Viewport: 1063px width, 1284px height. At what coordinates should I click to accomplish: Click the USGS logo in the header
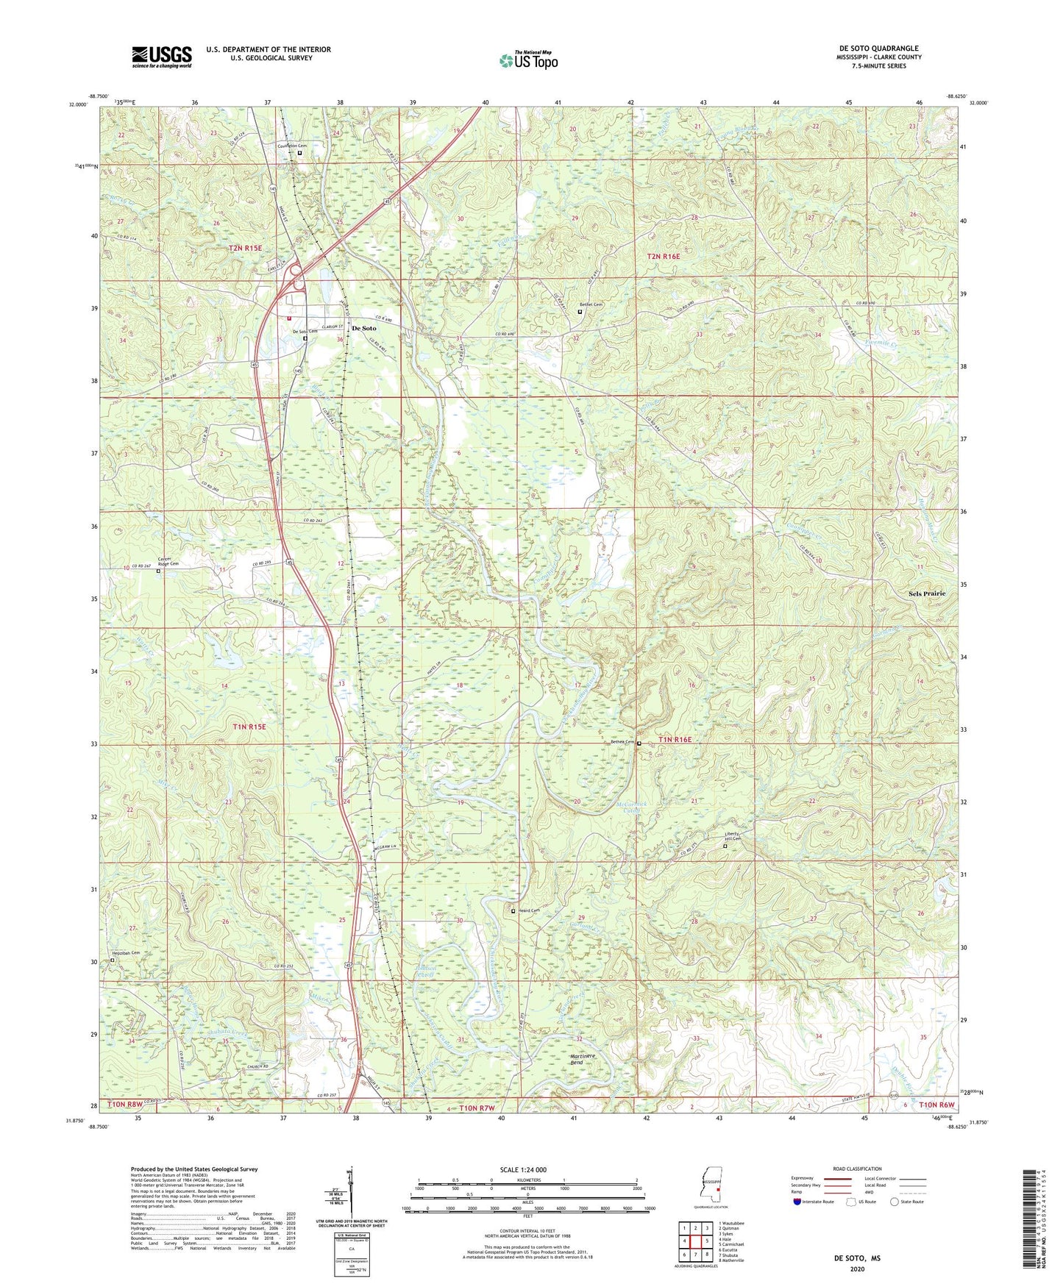click(x=162, y=56)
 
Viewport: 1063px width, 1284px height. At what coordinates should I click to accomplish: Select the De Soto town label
click(x=363, y=328)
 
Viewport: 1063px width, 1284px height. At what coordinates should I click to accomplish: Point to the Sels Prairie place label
click(x=925, y=593)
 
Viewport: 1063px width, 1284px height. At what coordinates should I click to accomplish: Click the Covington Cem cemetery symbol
click(x=300, y=153)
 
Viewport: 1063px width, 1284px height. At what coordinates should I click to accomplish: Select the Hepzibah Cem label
click(x=124, y=953)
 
